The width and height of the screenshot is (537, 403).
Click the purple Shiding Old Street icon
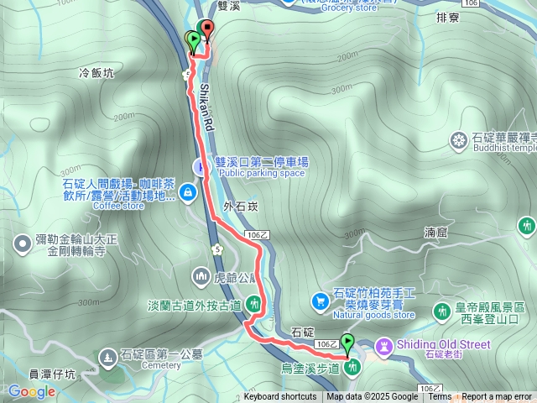click(x=384, y=345)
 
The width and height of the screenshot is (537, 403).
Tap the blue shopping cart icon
click(x=320, y=301)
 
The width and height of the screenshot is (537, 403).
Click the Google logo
click(x=31, y=391)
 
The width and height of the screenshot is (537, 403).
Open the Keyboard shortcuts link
click(x=280, y=397)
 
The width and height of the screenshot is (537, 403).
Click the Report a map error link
click(x=497, y=397)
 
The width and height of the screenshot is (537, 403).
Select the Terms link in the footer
click(x=440, y=397)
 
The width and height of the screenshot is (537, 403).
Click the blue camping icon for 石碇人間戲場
click(x=189, y=193)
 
